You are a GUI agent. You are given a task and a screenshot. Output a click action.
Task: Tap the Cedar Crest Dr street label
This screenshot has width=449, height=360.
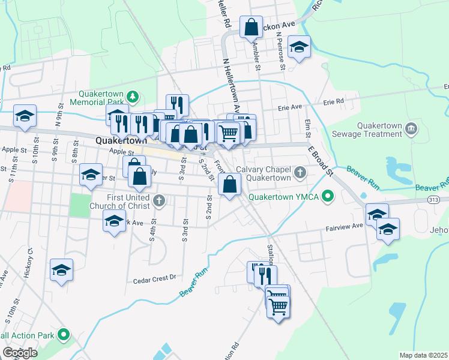[154, 278]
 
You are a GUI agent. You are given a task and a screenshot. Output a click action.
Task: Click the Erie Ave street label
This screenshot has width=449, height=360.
[289, 109]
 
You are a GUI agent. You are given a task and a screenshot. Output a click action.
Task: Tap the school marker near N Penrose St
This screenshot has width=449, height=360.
[299, 47]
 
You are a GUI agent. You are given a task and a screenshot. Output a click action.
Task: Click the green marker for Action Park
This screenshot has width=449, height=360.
[62, 335]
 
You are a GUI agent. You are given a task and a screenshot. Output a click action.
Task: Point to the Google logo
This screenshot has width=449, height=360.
[20, 353]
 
